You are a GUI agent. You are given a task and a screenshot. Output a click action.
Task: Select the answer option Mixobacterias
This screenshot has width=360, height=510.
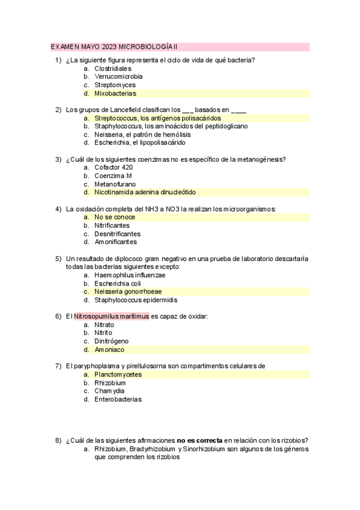click(x=115, y=93)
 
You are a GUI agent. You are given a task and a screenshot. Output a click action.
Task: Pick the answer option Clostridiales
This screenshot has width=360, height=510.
click(x=112, y=69)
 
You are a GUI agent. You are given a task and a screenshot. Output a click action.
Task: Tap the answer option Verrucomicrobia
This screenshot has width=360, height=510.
click(x=118, y=77)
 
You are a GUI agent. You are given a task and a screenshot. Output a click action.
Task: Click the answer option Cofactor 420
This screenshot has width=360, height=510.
click(x=114, y=168)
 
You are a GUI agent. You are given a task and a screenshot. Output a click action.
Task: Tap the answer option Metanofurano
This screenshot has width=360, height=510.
click(x=115, y=184)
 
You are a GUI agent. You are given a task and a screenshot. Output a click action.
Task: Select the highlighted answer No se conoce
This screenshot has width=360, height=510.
click(x=114, y=217)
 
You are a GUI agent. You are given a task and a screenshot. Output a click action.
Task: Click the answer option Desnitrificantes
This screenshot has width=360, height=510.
click(x=117, y=234)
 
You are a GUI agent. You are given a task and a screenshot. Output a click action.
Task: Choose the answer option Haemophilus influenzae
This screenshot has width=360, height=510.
click(x=130, y=275)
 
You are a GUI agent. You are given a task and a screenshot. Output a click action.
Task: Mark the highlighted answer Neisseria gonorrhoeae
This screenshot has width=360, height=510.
click(x=127, y=292)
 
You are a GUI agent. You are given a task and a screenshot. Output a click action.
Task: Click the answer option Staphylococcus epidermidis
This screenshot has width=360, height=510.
click(x=135, y=300)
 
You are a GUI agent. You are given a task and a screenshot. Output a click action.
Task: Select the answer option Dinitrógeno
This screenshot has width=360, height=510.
click(x=111, y=341)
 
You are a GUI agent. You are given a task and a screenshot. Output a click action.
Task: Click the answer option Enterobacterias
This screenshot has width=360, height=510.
click(x=118, y=399)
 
